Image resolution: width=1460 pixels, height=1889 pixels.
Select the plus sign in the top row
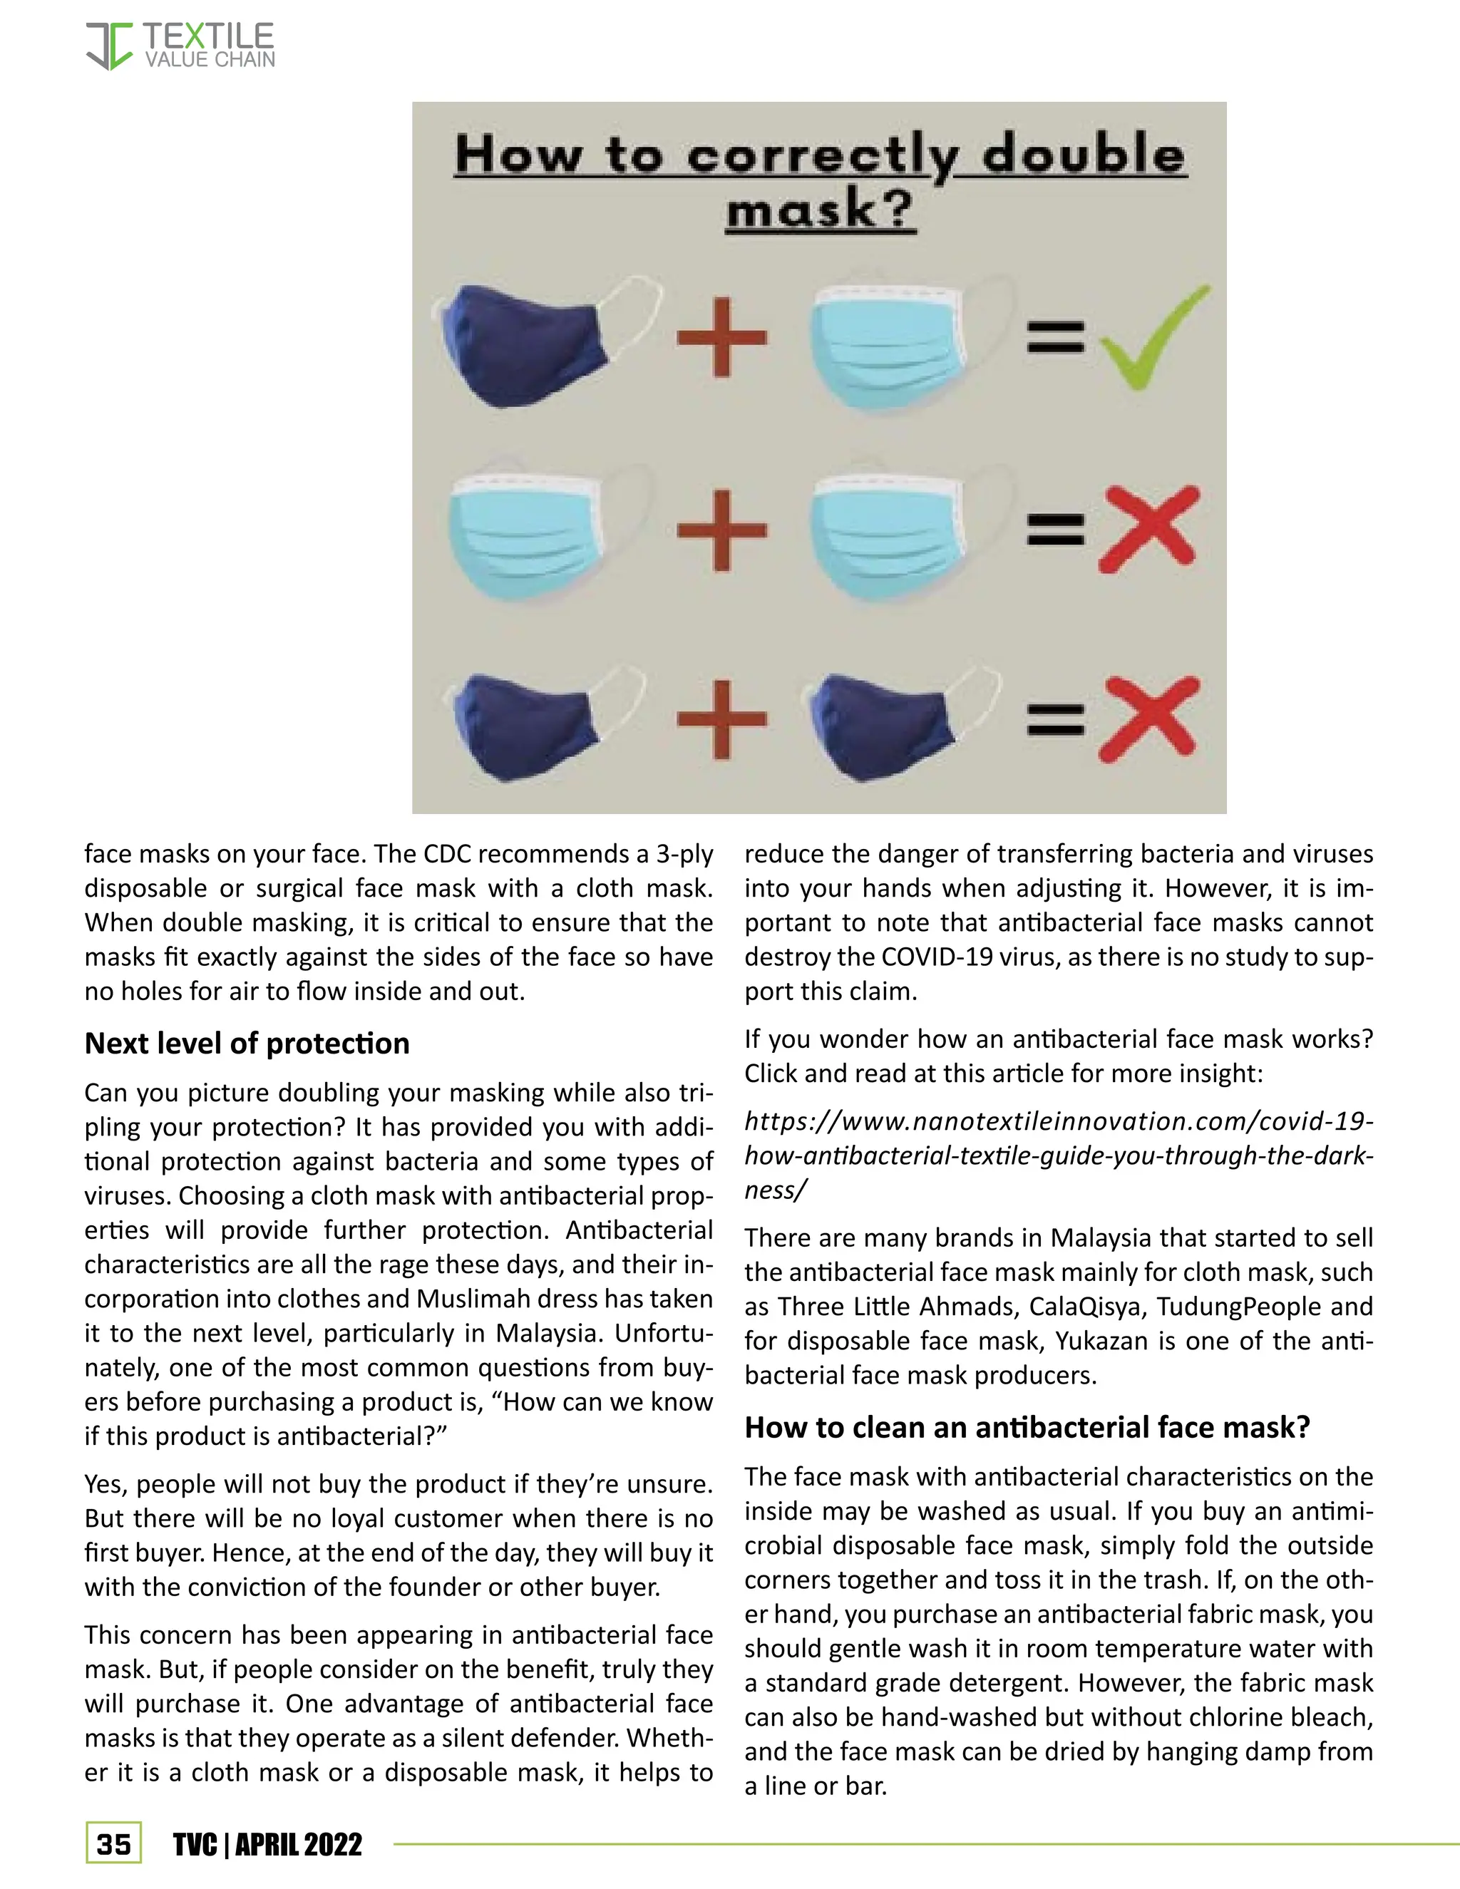[x=721, y=337]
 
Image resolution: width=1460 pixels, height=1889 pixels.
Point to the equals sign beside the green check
[x=1055, y=336]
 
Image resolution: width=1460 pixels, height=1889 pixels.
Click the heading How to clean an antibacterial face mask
[x=1027, y=1426]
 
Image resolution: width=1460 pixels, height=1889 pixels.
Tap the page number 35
[x=113, y=1843]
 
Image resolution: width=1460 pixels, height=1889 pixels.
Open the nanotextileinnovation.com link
[x=1058, y=1155]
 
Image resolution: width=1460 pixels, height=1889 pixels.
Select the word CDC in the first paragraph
[x=446, y=854]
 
